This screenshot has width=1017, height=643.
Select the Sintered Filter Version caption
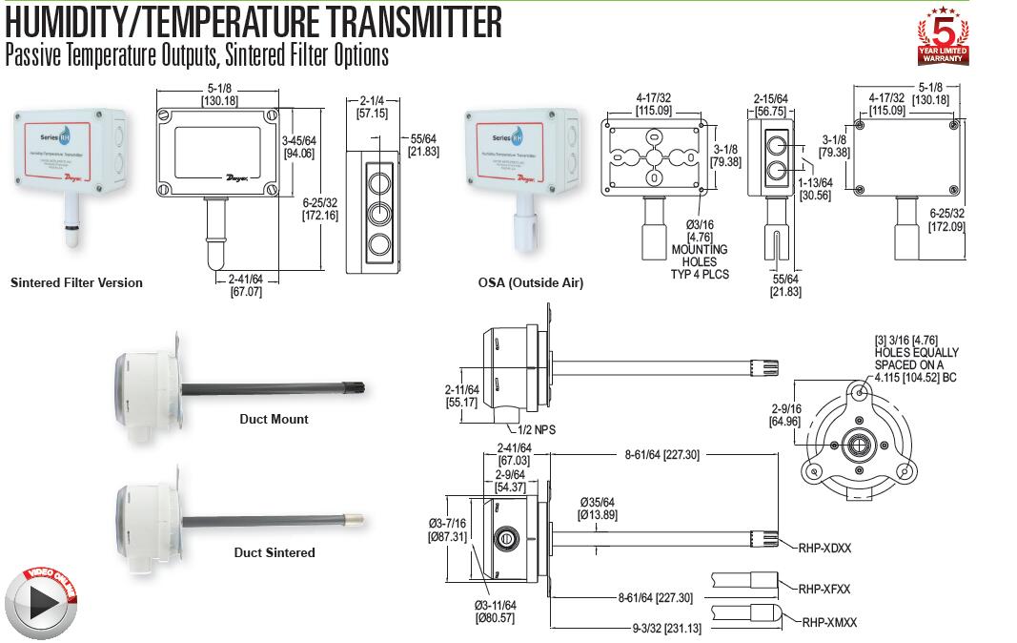tap(76, 282)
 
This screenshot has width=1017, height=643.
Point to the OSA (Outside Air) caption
tap(531, 282)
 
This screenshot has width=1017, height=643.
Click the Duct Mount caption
tap(274, 419)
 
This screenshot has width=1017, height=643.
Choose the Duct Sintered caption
tap(275, 552)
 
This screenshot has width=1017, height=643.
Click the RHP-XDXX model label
tap(824, 548)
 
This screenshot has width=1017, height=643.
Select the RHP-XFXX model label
tap(824, 589)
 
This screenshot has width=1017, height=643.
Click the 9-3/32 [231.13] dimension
tap(666, 629)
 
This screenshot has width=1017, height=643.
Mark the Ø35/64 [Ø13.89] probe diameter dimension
tap(598, 508)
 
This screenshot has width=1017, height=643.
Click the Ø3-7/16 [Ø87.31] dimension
tap(447, 530)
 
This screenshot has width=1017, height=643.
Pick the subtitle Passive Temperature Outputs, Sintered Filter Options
tap(197, 55)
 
